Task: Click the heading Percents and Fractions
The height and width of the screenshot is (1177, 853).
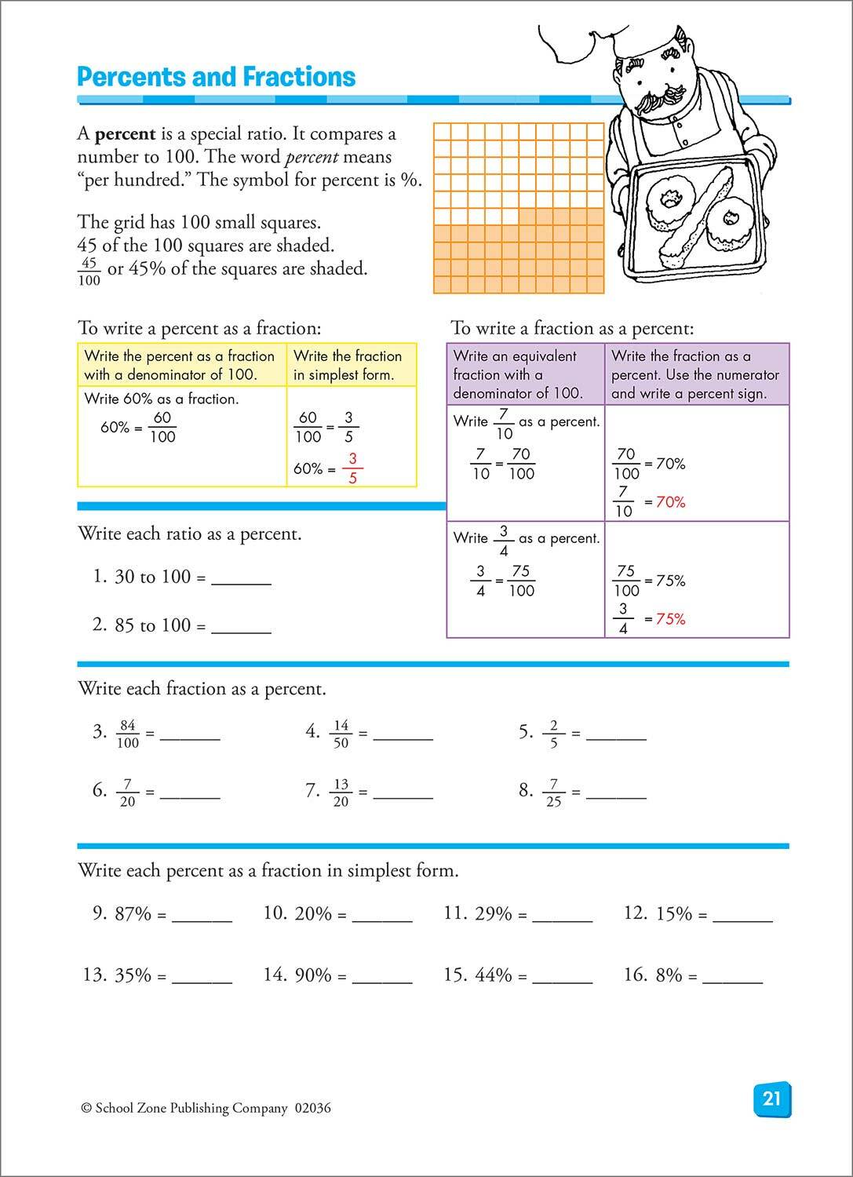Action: click(217, 77)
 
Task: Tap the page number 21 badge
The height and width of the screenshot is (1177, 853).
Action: click(771, 1098)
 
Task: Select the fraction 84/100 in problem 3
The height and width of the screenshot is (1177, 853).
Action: click(126, 734)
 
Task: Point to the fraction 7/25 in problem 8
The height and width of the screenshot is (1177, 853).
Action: click(553, 793)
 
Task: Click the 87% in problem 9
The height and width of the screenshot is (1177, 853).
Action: click(133, 913)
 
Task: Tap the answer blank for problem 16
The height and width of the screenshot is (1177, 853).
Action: click(732, 978)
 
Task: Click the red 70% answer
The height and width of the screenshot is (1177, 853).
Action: click(670, 502)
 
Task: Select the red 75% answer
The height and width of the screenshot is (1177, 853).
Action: click(670, 619)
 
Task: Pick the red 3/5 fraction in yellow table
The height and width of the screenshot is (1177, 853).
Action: click(352, 468)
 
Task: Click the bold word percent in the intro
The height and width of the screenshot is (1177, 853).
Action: click(125, 134)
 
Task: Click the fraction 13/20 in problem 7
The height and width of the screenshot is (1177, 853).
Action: click(341, 793)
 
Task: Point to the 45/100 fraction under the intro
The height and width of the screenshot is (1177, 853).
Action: click(89, 271)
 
